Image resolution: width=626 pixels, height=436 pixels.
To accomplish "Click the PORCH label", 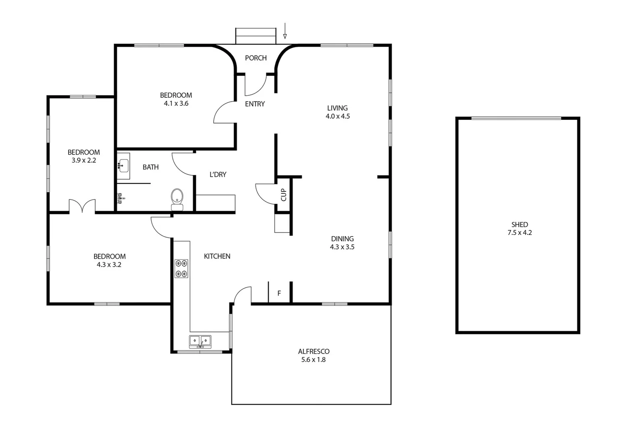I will tap(256, 58).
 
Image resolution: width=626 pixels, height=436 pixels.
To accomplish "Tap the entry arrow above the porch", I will tap(285, 31).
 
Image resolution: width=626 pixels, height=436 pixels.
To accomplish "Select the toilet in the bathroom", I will tap(177, 199).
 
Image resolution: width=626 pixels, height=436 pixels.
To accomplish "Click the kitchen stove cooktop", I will tap(181, 268).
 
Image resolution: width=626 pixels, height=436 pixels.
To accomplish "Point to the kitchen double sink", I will tap(200, 341).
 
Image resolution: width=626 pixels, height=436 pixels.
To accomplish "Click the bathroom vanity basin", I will tap(123, 166).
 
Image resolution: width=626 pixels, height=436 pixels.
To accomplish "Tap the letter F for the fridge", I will tap(279, 293).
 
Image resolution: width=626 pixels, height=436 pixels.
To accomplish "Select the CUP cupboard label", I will tap(283, 195).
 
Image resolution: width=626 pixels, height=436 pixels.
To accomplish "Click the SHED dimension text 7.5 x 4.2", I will tap(520, 233).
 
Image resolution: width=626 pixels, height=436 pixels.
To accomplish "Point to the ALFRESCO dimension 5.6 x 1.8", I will tap(313, 360).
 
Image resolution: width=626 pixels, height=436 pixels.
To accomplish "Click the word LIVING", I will tap(337, 108).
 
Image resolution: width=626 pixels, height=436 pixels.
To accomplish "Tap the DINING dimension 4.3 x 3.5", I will tap(342, 247).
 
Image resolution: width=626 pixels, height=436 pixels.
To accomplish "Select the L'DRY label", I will tap(218, 174).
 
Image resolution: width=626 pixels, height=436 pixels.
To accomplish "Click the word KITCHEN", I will tap(217, 256).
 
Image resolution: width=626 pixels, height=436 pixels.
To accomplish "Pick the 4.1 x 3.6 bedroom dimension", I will tap(176, 103).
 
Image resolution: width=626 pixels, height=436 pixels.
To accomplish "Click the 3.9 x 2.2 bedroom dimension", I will tap(84, 160).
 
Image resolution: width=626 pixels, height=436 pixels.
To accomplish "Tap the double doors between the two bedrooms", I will tap(82, 206).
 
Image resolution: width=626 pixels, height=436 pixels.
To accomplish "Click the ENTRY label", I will tap(255, 104).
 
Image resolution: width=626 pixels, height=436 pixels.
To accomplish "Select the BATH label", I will tap(150, 167).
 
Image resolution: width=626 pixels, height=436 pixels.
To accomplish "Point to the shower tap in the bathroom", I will tap(121, 197).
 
